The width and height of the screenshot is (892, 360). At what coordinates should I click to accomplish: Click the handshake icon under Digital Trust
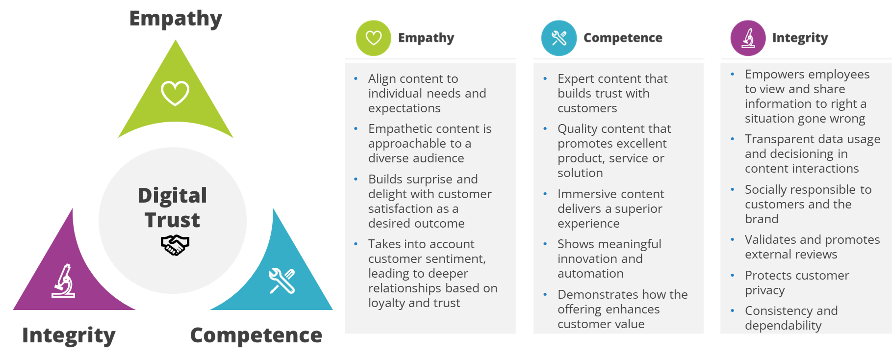[175, 245]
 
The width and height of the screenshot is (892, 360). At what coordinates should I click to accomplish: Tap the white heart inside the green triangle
[175, 93]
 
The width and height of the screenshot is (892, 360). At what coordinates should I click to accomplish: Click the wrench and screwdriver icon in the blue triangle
[282, 281]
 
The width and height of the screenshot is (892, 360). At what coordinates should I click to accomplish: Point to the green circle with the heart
[373, 38]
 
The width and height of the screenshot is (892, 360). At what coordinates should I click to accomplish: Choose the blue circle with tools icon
[558, 38]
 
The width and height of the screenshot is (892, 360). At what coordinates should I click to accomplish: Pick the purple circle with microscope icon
[748, 38]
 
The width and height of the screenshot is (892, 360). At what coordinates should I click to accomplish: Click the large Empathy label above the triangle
[175, 18]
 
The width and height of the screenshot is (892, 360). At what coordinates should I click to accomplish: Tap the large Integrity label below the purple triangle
[69, 335]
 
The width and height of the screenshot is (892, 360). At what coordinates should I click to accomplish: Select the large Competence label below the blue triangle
[256, 335]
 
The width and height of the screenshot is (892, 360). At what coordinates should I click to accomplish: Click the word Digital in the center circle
[172, 195]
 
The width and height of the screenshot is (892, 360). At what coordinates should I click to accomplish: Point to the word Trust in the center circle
[172, 220]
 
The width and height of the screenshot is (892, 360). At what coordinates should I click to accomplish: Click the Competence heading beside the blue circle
[623, 38]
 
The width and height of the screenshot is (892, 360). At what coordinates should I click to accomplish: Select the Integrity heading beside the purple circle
[800, 38]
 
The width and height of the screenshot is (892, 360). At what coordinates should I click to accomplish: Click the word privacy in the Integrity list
[764, 290]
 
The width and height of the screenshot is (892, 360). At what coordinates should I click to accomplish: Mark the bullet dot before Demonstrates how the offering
[545, 295]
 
